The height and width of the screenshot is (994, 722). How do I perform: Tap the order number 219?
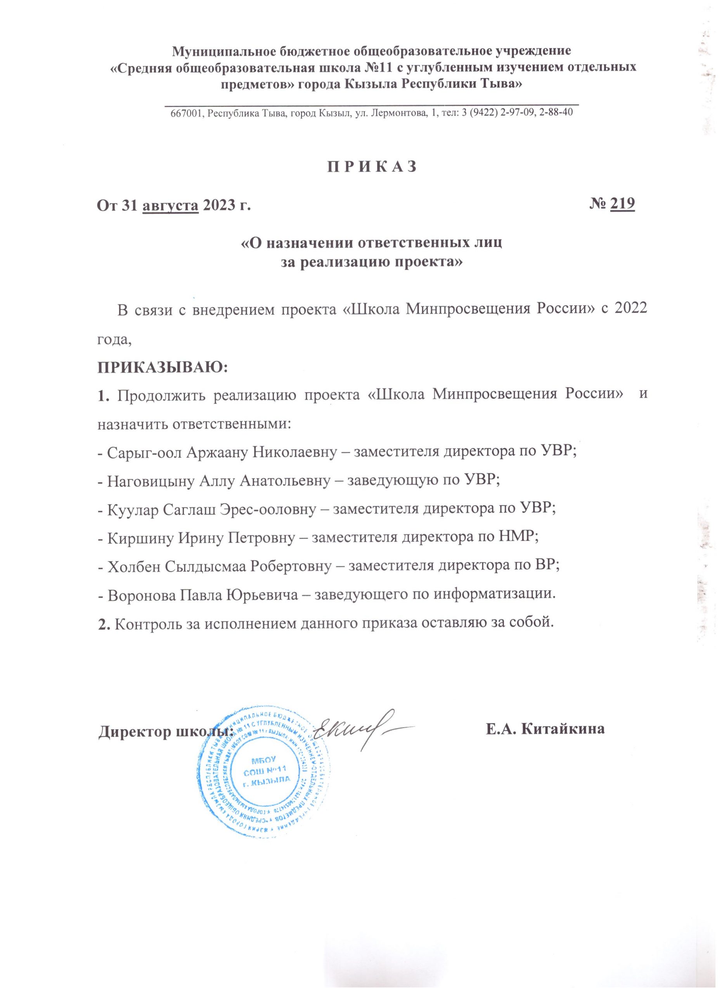click(623, 204)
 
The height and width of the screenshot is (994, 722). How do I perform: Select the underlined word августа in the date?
click(171, 205)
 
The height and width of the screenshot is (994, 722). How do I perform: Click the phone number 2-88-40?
click(556, 113)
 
